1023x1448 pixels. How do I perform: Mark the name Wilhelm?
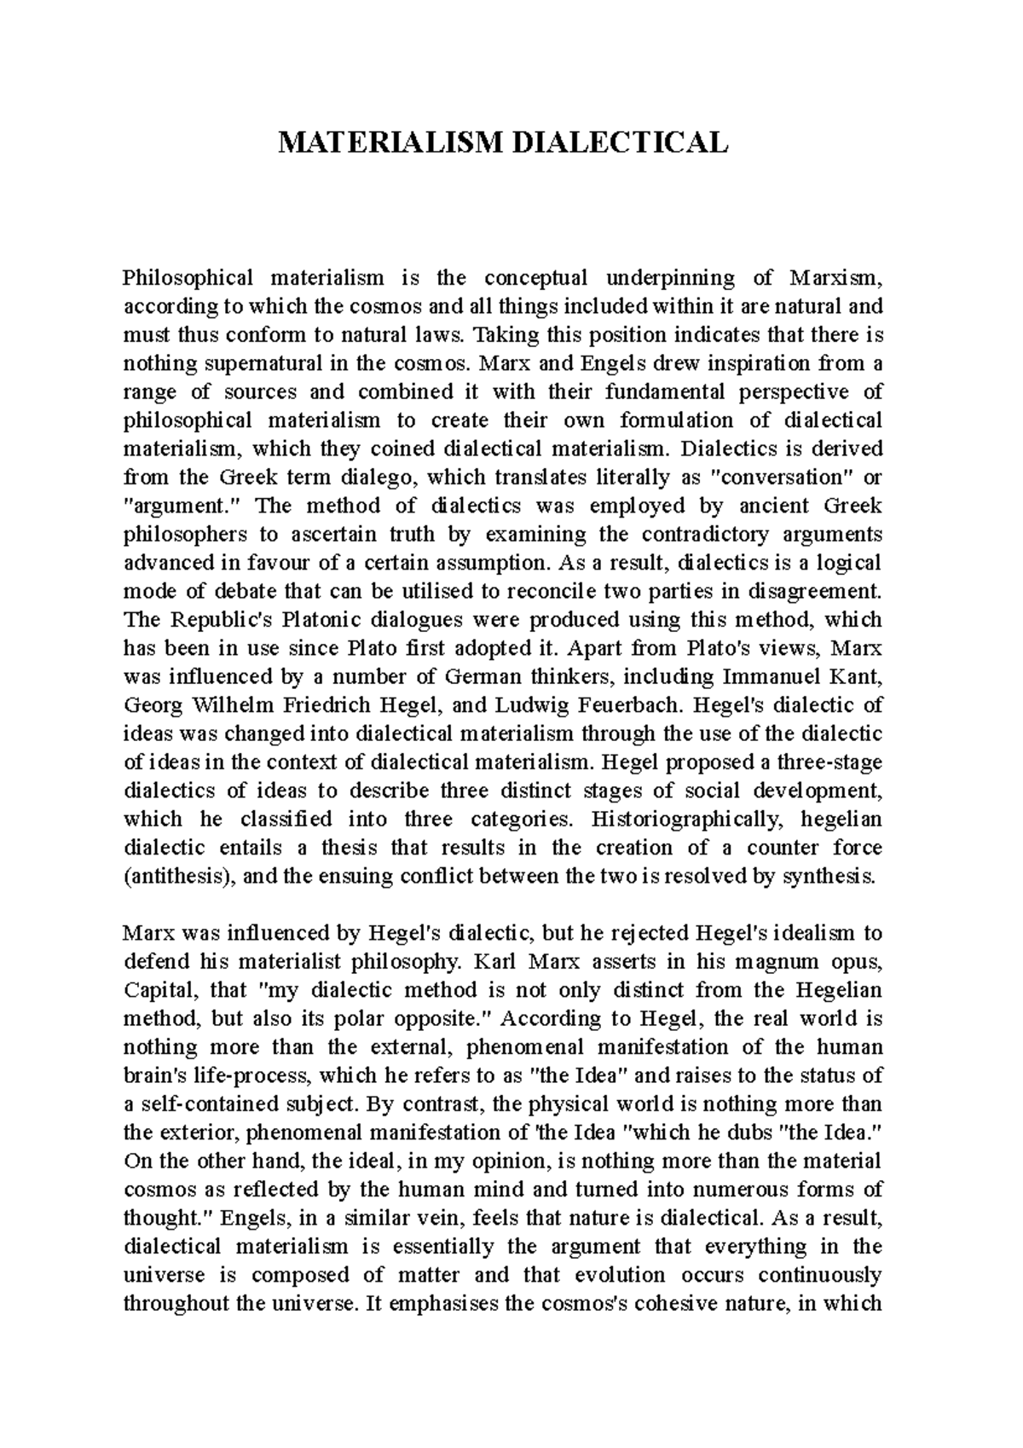[231, 706]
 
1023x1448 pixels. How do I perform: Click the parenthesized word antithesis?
[180, 877]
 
